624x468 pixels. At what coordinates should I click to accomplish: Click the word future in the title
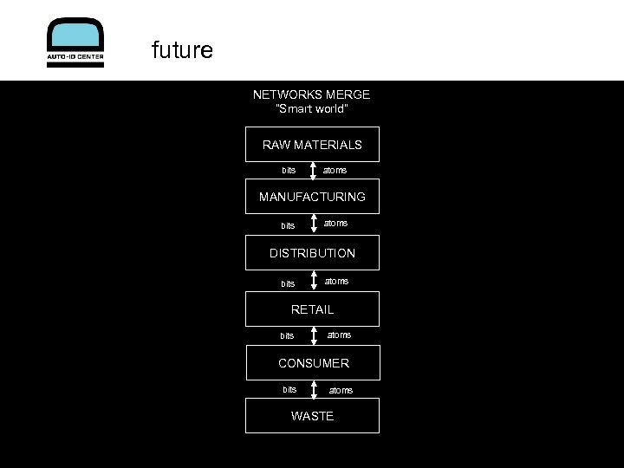click(x=182, y=50)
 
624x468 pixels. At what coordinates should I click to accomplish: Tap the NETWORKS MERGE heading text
click(x=311, y=94)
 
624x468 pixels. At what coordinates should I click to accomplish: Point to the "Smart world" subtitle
click(x=311, y=109)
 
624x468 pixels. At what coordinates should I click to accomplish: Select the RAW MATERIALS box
click(x=312, y=145)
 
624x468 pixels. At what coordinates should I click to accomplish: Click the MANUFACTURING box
click(x=312, y=197)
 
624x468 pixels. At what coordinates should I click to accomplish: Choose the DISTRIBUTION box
click(x=312, y=253)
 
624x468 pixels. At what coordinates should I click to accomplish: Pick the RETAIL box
click(x=312, y=309)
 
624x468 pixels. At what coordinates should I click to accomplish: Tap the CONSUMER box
click(x=313, y=363)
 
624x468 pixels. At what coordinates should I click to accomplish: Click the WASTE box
click(x=312, y=416)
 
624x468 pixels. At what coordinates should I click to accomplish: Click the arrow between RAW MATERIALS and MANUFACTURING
click(x=313, y=171)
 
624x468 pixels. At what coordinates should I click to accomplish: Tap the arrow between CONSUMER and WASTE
click(x=313, y=389)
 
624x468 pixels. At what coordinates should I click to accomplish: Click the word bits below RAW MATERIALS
click(x=289, y=170)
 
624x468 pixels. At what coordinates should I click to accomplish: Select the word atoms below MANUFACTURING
click(x=336, y=223)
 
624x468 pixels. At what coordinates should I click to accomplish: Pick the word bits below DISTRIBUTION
click(x=288, y=283)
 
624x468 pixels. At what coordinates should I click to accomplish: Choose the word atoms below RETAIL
click(x=339, y=335)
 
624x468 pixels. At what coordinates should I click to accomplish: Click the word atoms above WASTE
click(x=341, y=390)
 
